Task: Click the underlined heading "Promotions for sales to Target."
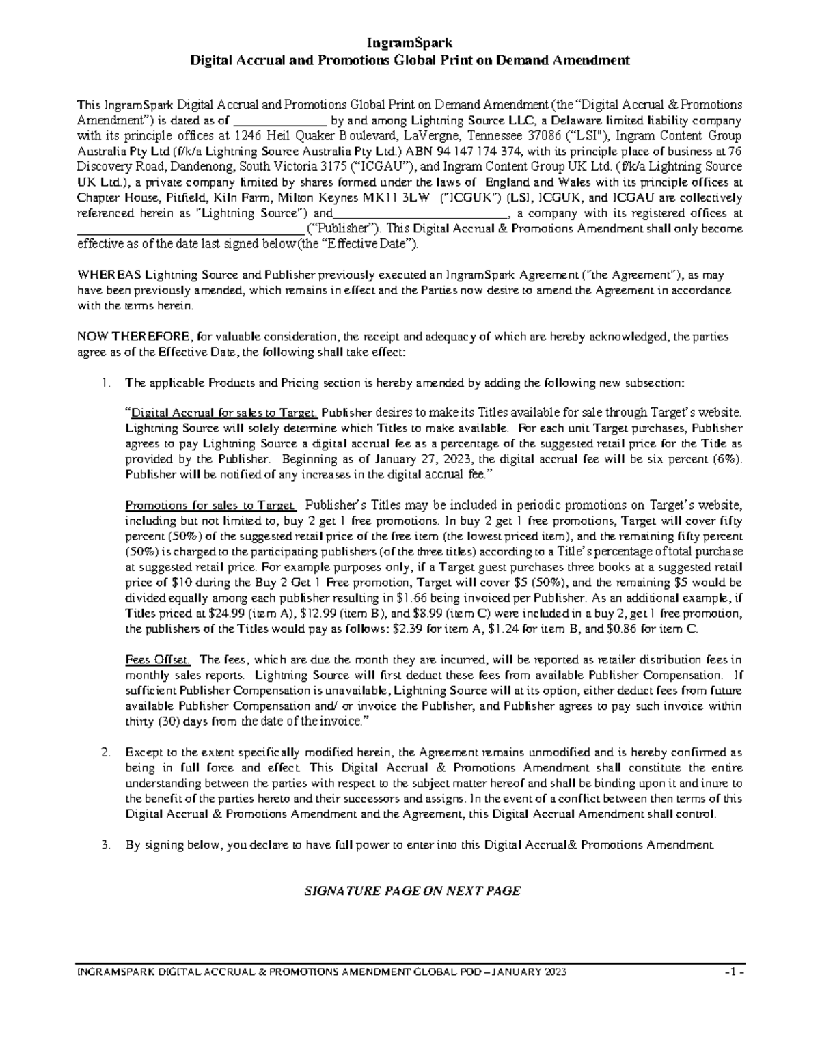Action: (x=210, y=506)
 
